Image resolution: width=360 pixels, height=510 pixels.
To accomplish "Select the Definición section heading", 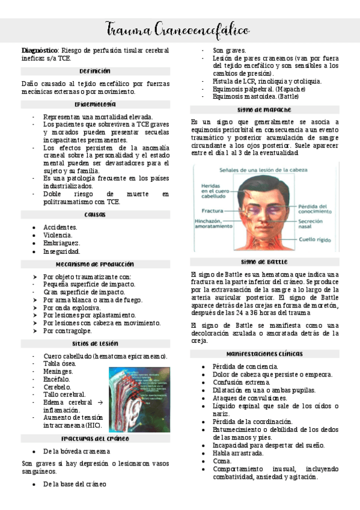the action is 94,70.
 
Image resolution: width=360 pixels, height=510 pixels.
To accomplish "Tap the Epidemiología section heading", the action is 94,104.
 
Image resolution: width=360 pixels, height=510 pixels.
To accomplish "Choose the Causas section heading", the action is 94,214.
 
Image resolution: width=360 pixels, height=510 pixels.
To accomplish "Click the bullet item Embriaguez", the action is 61,243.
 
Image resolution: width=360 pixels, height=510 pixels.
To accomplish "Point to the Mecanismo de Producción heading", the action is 94,263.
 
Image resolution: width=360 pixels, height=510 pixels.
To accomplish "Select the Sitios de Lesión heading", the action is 94,343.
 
